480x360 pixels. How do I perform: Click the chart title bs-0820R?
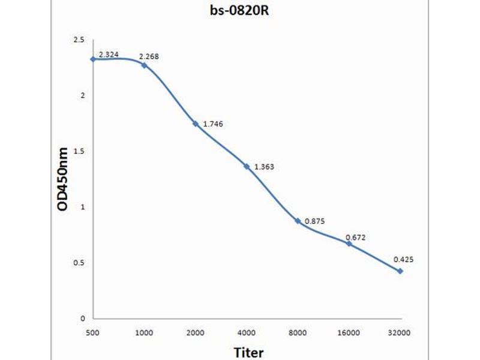tap(239, 10)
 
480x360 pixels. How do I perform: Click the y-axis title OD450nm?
tap(63, 179)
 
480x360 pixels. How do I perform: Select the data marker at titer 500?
tap(93, 59)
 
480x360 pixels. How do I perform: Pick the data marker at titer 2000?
tap(195, 124)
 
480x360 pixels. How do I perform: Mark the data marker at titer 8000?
tap(298, 221)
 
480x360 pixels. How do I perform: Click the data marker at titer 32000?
tap(400, 271)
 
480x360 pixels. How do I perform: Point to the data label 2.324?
tap(109, 55)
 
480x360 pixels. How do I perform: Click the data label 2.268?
tap(149, 57)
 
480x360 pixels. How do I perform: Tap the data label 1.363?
tap(264, 167)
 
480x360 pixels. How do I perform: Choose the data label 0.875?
tap(314, 221)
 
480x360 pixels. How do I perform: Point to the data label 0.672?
tap(355, 238)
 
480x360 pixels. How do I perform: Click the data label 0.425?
tap(403, 260)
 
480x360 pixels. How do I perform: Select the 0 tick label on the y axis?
tap(83, 319)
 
